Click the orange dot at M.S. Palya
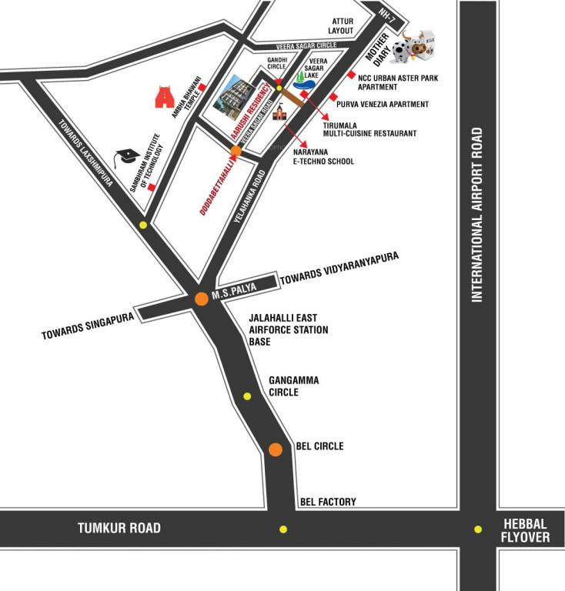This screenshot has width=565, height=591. [x=201, y=298]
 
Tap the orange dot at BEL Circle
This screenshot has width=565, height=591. [x=276, y=449]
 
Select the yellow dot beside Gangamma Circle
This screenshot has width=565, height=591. [x=247, y=396]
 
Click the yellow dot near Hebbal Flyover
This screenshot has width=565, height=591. [x=478, y=529]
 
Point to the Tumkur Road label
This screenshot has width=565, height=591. [x=119, y=528]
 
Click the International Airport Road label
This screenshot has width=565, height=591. [x=477, y=215]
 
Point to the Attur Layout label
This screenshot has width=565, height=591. [x=341, y=25]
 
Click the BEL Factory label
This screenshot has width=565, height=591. [x=326, y=502]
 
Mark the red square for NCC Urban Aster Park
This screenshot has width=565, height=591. [x=351, y=75]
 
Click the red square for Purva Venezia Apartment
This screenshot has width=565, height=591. [x=333, y=97]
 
